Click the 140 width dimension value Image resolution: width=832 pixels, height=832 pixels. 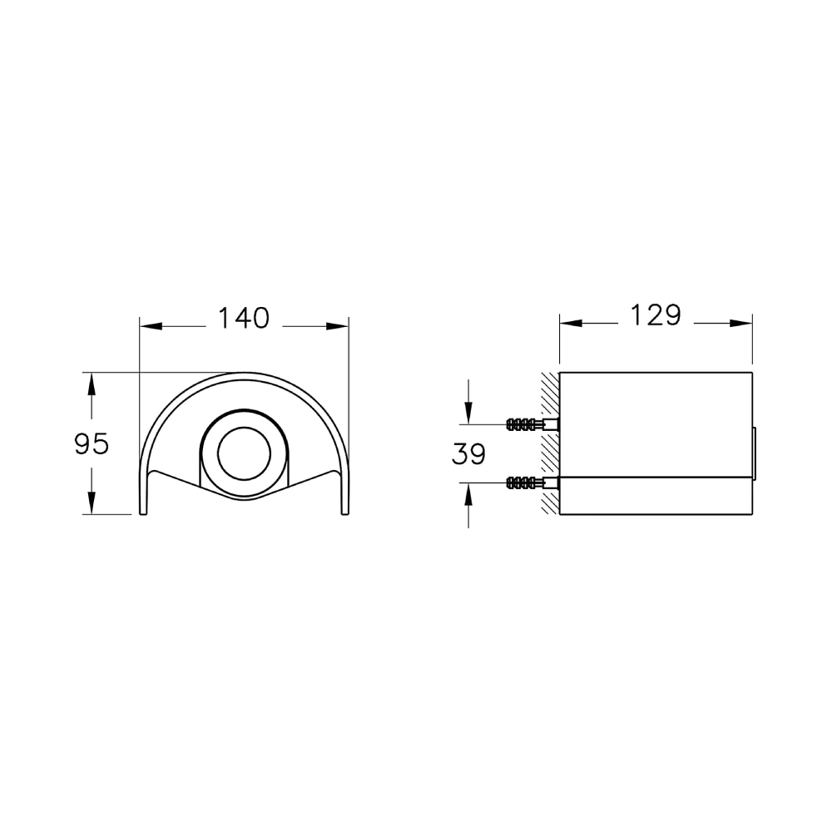click(x=244, y=319)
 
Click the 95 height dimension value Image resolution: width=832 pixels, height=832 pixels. click(x=92, y=443)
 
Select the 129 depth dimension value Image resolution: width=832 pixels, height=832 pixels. click(x=656, y=315)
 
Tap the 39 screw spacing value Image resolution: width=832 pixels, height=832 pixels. click(x=468, y=454)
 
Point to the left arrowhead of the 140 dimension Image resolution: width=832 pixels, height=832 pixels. click(x=151, y=326)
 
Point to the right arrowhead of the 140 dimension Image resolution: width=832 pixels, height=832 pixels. click(x=338, y=326)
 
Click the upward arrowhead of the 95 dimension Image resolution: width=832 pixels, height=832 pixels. click(x=92, y=384)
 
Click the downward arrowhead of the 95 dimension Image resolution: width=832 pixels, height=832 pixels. click(x=92, y=503)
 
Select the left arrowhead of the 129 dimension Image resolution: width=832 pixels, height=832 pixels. click(x=572, y=323)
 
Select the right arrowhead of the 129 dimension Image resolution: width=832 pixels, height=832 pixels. click(x=740, y=323)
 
